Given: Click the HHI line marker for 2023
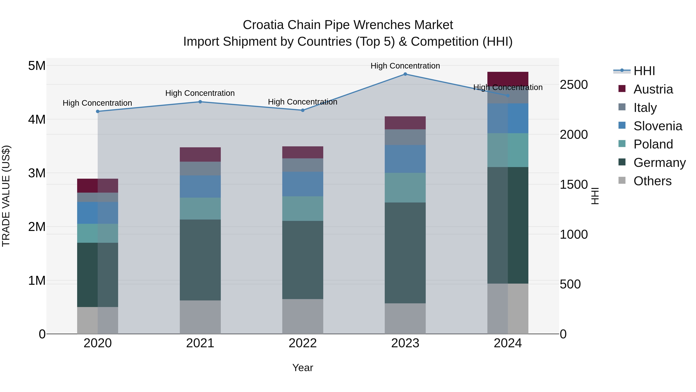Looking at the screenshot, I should tap(405, 74).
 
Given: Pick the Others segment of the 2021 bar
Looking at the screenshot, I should tap(200, 317).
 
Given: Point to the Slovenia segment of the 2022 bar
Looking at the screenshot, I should tap(303, 184).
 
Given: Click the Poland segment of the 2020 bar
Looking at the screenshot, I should tap(98, 233).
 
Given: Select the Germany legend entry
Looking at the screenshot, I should tap(659, 163).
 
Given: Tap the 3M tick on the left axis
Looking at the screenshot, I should tap(37, 173).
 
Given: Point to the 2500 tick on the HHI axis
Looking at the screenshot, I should tap(574, 85).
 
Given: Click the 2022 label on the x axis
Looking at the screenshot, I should tap(303, 343).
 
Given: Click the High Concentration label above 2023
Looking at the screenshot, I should tap(405, 66).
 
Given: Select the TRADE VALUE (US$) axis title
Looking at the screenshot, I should tap(6, 196).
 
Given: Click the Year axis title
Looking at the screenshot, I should tap(303, 368).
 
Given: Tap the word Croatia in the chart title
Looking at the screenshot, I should tap(263, 25).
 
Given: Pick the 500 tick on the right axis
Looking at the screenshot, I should tap(570, 284).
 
